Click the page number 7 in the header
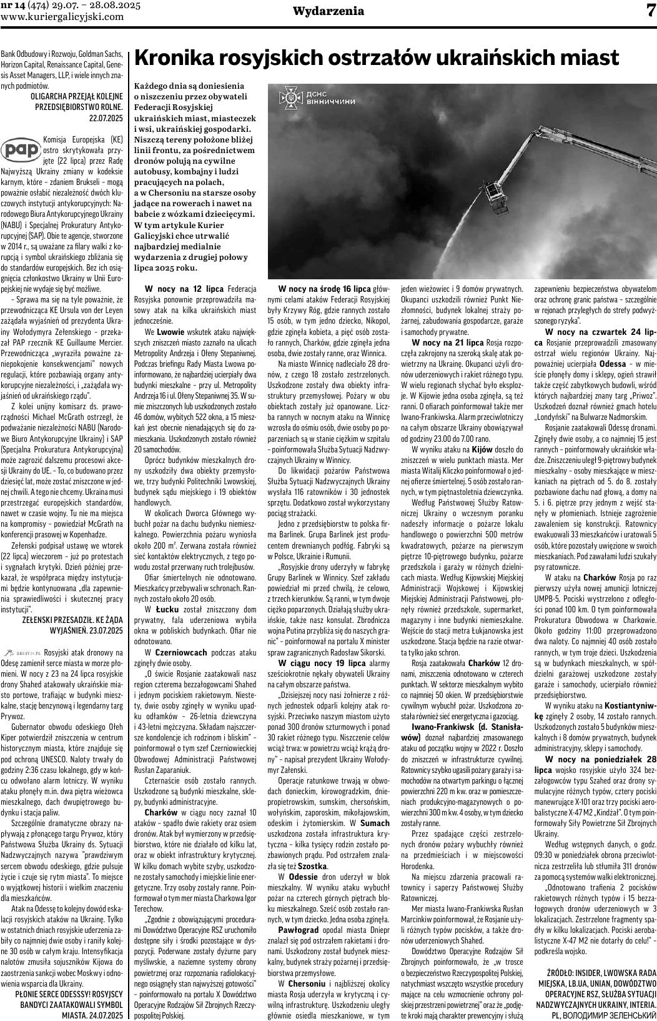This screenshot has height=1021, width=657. [648, 11]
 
